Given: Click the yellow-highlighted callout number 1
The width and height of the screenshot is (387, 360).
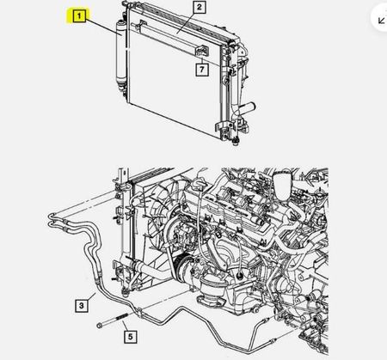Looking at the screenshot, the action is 79,16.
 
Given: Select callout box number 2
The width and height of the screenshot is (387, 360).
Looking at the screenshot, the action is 200,8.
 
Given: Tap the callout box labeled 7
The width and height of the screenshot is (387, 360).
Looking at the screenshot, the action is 202,70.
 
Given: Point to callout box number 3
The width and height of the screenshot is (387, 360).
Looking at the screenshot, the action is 82,306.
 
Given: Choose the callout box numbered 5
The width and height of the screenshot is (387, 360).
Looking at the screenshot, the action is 131,337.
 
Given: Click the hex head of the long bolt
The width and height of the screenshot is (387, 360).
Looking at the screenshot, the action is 100,326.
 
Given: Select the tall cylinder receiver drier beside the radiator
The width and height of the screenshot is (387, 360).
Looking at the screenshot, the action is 120,53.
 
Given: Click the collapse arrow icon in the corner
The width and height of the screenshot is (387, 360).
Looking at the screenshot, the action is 382,21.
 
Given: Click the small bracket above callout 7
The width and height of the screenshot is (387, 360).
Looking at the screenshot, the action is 202,51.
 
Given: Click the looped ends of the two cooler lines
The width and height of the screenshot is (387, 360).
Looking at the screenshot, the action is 51,220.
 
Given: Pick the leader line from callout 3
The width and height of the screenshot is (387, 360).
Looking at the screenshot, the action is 91,296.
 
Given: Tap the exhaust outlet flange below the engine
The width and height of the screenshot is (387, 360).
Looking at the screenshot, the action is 212,299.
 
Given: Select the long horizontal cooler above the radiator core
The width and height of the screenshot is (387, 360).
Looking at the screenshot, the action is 169,37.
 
